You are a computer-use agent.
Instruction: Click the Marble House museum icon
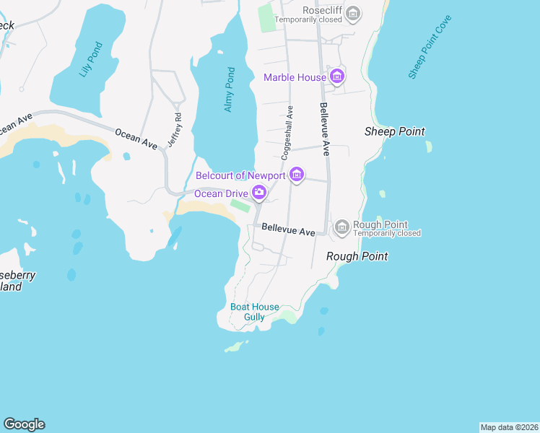pos(336,76)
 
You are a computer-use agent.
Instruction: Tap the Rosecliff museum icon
pos(353,12)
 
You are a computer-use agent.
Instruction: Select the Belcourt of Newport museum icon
pos(296,175)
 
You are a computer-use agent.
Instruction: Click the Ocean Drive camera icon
pos(258,193)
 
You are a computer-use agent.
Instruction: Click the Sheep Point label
pos(394,131)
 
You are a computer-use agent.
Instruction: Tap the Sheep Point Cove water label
pos(430,47)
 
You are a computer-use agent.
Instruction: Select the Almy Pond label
pos(230,89)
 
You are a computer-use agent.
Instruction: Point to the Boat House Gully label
pos(254,312)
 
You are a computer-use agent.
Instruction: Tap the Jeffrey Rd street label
pos(174,130)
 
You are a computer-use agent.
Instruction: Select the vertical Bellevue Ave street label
pos(324,129)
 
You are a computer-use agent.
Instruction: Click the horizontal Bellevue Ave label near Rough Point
pos(288,229)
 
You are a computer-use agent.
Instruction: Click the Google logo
pos(24,424)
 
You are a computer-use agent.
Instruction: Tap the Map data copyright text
pos(509,427)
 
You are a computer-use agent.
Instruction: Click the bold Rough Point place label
pos(357,256)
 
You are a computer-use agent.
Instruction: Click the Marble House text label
pos(295,77)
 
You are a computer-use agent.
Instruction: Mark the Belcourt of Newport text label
pos(241,175)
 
